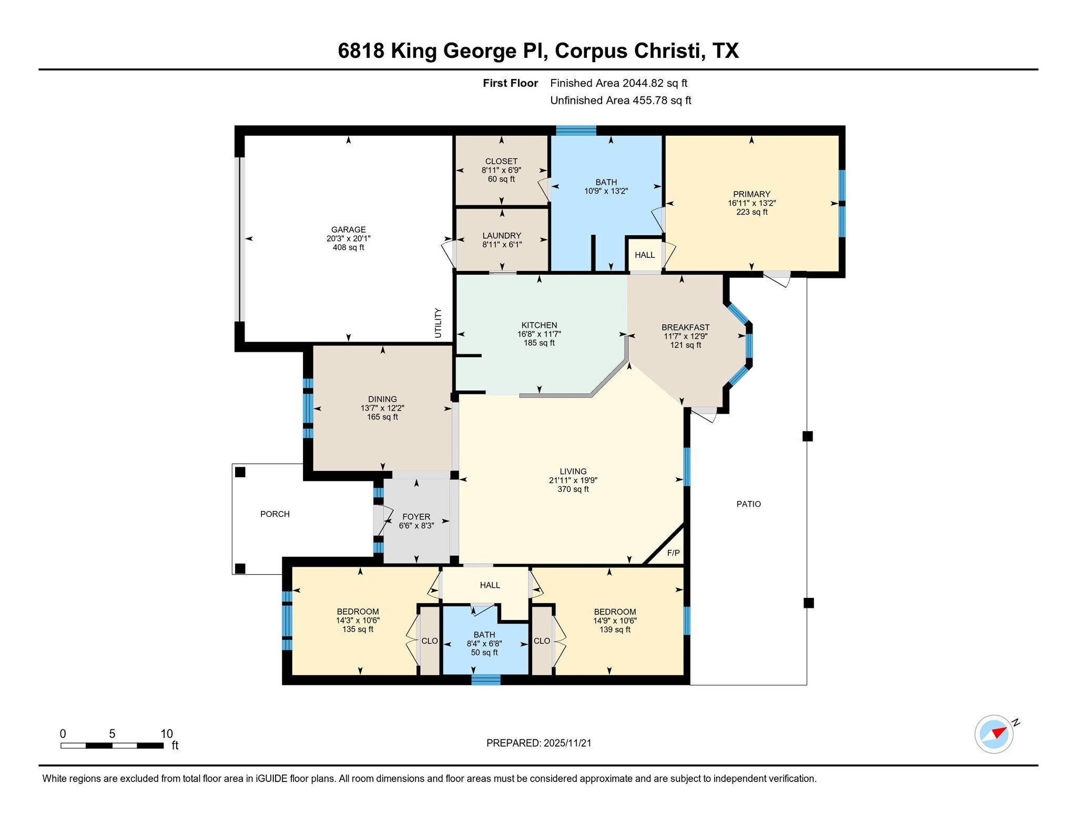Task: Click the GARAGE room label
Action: (x=348, y=229)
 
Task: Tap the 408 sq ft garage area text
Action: (x=348, y=247)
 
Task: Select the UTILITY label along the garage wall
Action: (x=438, y=323)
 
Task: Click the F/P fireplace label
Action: (x=673, y=553)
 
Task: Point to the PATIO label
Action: (x=748, y=504)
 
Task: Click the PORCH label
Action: (x=275, y=514)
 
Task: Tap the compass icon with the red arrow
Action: (x=994, y=734)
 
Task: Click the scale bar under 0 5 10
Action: (x=111, y=746)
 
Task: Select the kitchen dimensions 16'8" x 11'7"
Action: (x=539, y=334)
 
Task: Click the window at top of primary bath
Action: (x=576, y=131)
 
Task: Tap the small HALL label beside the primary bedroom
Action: (x=645, y=255)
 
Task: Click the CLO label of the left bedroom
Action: (x=430, y=641)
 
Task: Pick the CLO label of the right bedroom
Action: (x=542, y=641)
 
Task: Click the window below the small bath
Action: (x=486, y=680)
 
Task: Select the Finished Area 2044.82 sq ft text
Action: (x=618, y=83)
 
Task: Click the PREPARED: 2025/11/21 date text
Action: (x=538, y=743)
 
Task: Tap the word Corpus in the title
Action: (x=592, y=51)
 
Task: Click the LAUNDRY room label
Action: (x=502, y=236)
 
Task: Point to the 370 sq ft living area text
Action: (x=573, y=489)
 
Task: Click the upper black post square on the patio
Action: (x=808, y=436)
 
